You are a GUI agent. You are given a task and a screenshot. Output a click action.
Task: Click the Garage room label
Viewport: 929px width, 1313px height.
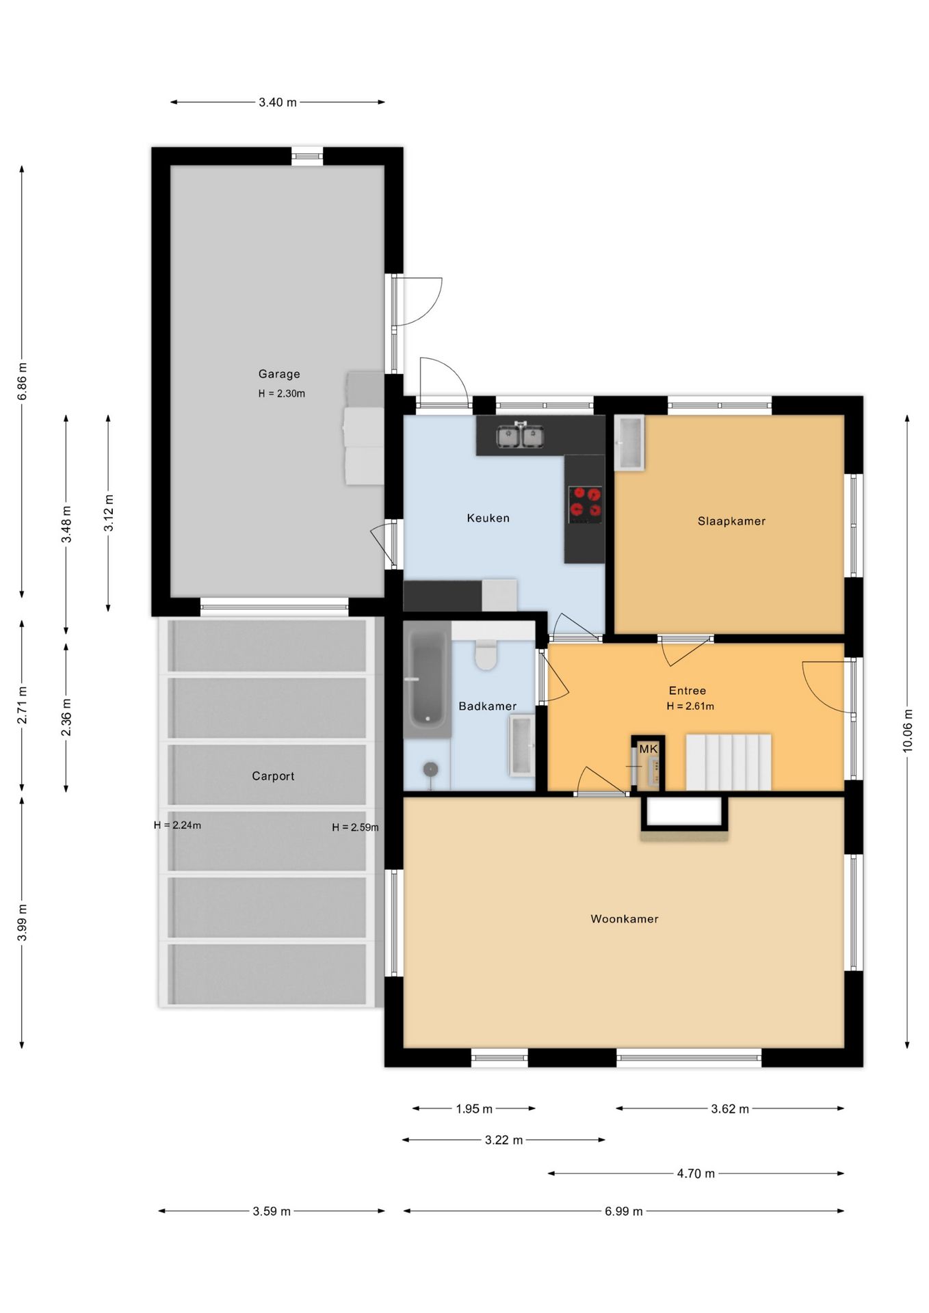(x=279, y=374)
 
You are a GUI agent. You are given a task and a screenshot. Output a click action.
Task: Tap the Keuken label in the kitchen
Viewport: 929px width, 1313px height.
(x=488, y=518)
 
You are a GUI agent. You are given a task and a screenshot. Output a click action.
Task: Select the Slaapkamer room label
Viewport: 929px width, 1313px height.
(x=731, y=521)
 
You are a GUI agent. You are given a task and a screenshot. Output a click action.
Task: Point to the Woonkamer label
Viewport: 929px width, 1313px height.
(x=624, y=919)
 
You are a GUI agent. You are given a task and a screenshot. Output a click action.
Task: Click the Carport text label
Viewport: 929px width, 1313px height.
(x=273, y=776)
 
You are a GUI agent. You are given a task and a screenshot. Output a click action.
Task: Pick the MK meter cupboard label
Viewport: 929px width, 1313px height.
(x=649, y=750)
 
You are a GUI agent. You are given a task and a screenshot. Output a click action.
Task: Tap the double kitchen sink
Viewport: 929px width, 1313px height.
(x=521, y=436)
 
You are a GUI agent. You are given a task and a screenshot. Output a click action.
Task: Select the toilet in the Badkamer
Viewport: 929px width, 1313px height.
(x=486, y=654)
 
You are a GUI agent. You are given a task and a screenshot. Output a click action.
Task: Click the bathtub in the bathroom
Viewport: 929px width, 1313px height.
(x=427, y=679)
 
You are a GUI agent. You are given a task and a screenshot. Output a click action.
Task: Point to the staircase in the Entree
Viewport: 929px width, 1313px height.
(x=729, y=762)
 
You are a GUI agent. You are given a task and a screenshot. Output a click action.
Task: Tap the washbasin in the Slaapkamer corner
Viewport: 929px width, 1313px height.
(x=629, y=442)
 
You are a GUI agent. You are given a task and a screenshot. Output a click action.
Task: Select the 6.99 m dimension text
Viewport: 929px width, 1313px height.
(x=623, y=1211)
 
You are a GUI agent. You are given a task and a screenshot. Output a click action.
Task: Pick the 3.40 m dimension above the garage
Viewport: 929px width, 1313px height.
(x=278, y=103)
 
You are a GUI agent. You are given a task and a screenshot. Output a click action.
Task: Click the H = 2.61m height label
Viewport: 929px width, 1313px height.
(x=690, y=706)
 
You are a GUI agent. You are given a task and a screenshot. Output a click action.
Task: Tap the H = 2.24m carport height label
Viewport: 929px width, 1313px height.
(x=177, y=825)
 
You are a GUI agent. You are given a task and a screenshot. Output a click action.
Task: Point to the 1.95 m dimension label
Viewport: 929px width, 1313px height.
(x=474, y=1109)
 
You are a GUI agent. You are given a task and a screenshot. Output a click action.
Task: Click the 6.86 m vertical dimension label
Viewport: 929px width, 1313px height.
(x=22, y=381)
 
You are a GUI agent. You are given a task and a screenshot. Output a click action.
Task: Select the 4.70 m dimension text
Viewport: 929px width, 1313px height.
(x=696, y=1173)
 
